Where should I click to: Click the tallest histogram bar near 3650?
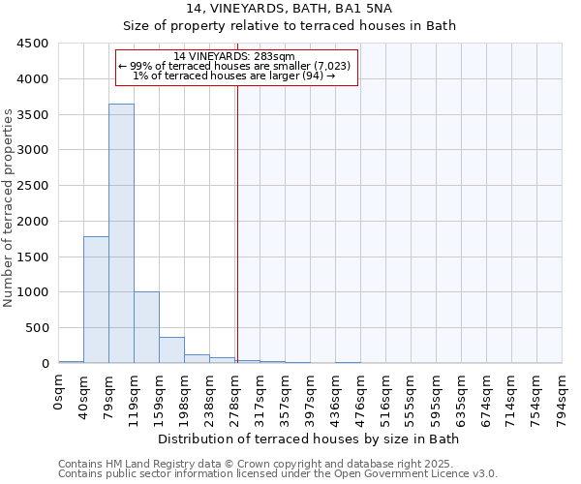click(x=121, y=232)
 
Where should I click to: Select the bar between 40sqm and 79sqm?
click(x=96, y=299)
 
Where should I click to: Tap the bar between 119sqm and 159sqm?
click(x=146, y=327)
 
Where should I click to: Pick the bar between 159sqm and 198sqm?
click(x=171, y=349)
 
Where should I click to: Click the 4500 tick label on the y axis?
click(x=32, y=44)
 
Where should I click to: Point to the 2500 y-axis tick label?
click(x=32, y=186)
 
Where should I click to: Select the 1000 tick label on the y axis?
click(x=32, y=292)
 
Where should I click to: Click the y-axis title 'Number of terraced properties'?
click(x=10, y=208)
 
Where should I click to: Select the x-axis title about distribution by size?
click(x=310, y=439)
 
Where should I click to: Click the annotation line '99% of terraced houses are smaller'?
click(x=238, y=66)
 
